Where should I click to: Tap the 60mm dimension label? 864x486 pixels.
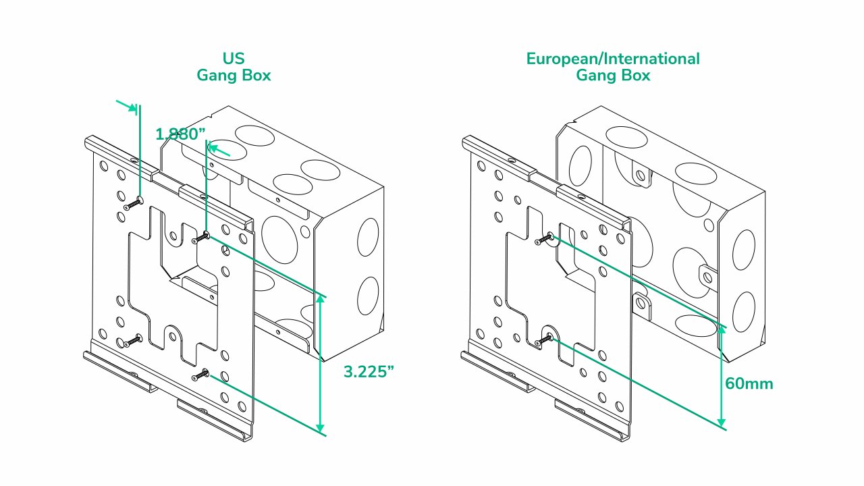[749, 384]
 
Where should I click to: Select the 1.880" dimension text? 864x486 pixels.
[180, 134]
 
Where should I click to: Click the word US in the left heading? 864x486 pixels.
[233, 59]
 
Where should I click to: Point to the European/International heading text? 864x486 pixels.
[613, 59]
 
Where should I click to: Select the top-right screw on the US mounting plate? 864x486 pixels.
[201, 238]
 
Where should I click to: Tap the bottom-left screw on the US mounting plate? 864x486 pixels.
[134, 338]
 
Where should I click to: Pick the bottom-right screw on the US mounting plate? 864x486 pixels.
[201, 373]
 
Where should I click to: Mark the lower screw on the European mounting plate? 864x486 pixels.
[545, 339]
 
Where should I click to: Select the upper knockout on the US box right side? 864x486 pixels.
[369, 238]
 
